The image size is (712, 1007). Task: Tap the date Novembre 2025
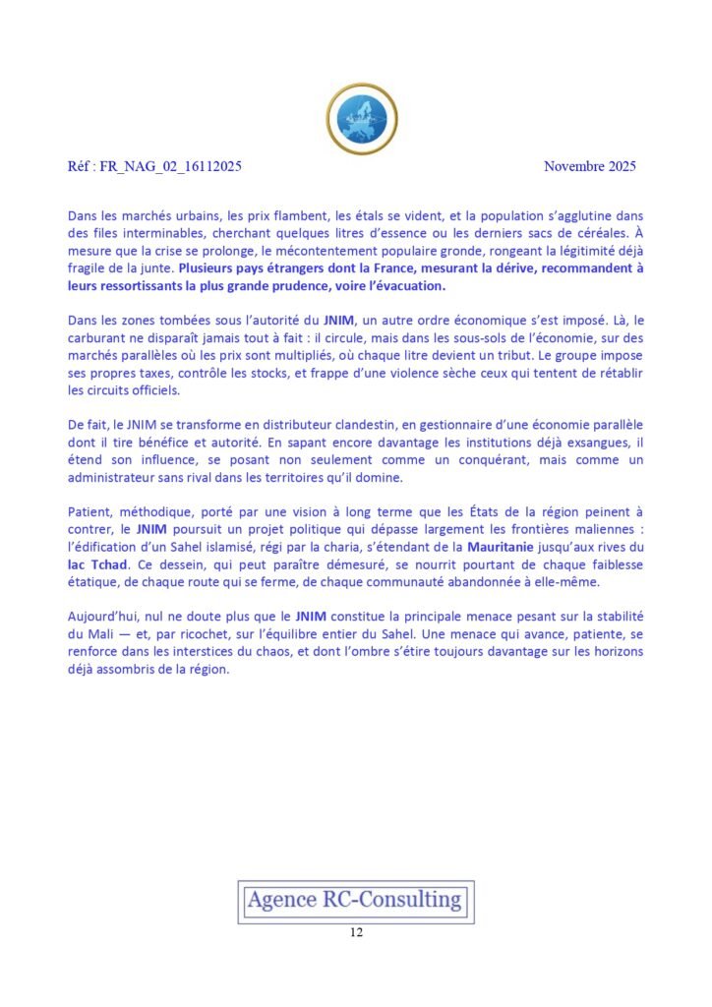coord(590,166)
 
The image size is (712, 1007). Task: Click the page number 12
coord(356,932)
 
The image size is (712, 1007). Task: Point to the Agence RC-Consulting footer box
coord(355,900)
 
